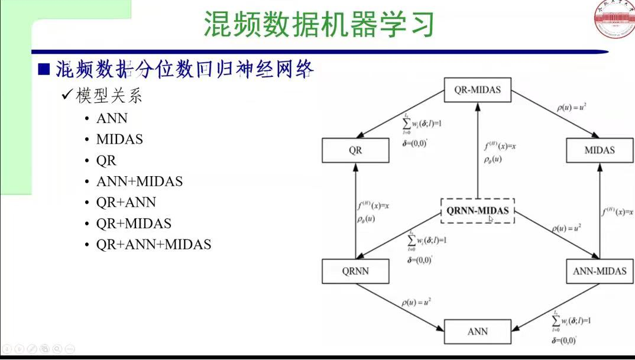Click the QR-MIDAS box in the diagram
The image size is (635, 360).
[x=477, y=90]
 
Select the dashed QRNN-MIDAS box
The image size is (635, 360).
[x=478, y=210]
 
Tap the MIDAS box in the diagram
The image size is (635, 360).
[x=600, y=150]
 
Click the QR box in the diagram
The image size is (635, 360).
[x=355, y=150]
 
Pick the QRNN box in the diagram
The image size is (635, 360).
[x=355, y=271]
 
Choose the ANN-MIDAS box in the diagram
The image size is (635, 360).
[x=600, y=271]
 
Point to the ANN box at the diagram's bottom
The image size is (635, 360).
[x=477, y=331]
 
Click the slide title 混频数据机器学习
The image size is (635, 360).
[x=319, y=25]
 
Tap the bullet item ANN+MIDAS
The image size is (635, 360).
[x=140, y=181]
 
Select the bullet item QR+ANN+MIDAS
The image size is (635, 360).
[x=154, y=244]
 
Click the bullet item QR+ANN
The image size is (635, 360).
[x=126, y=203]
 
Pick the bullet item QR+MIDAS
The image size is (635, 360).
[x=134, y=223]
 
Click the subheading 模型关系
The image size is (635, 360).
[x=109, y=96]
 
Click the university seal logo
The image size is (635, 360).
[x=614, y=20]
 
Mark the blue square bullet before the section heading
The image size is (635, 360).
[x=43, y=69]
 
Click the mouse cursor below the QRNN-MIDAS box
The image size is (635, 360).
[x=491, y=219]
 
